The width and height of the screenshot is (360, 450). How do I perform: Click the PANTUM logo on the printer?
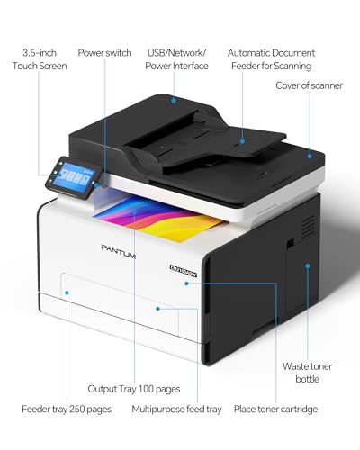(118, 251)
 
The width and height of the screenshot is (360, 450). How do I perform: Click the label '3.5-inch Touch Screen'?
(40, 59)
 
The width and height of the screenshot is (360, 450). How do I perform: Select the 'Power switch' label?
(104, 53)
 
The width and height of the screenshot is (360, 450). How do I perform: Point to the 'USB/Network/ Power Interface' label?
(176, 59)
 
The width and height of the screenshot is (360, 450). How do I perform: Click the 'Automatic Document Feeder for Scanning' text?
(271, 59)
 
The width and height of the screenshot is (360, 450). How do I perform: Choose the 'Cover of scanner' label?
(309, 85)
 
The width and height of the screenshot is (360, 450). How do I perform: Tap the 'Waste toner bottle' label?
(307, 373)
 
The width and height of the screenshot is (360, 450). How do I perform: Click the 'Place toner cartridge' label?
(275, 409)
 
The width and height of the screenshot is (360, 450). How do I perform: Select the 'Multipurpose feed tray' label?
(176, 409)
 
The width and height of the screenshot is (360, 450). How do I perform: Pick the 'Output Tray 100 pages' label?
(134, 389)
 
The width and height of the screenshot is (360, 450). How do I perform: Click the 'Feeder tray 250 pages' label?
(67, 409)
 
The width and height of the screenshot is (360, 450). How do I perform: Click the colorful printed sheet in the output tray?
(159, 217)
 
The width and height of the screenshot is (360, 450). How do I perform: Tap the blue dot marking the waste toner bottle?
(308, 265)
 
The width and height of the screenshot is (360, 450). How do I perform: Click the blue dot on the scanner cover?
(310, 156)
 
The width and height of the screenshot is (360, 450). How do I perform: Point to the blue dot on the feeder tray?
(67, 292)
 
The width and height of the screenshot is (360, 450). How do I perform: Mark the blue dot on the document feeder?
(242, 141)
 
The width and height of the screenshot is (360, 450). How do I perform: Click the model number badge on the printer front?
(184, 271)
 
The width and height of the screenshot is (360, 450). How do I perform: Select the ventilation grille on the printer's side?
(308, 227)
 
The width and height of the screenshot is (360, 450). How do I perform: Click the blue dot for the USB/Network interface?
(174, 100)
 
